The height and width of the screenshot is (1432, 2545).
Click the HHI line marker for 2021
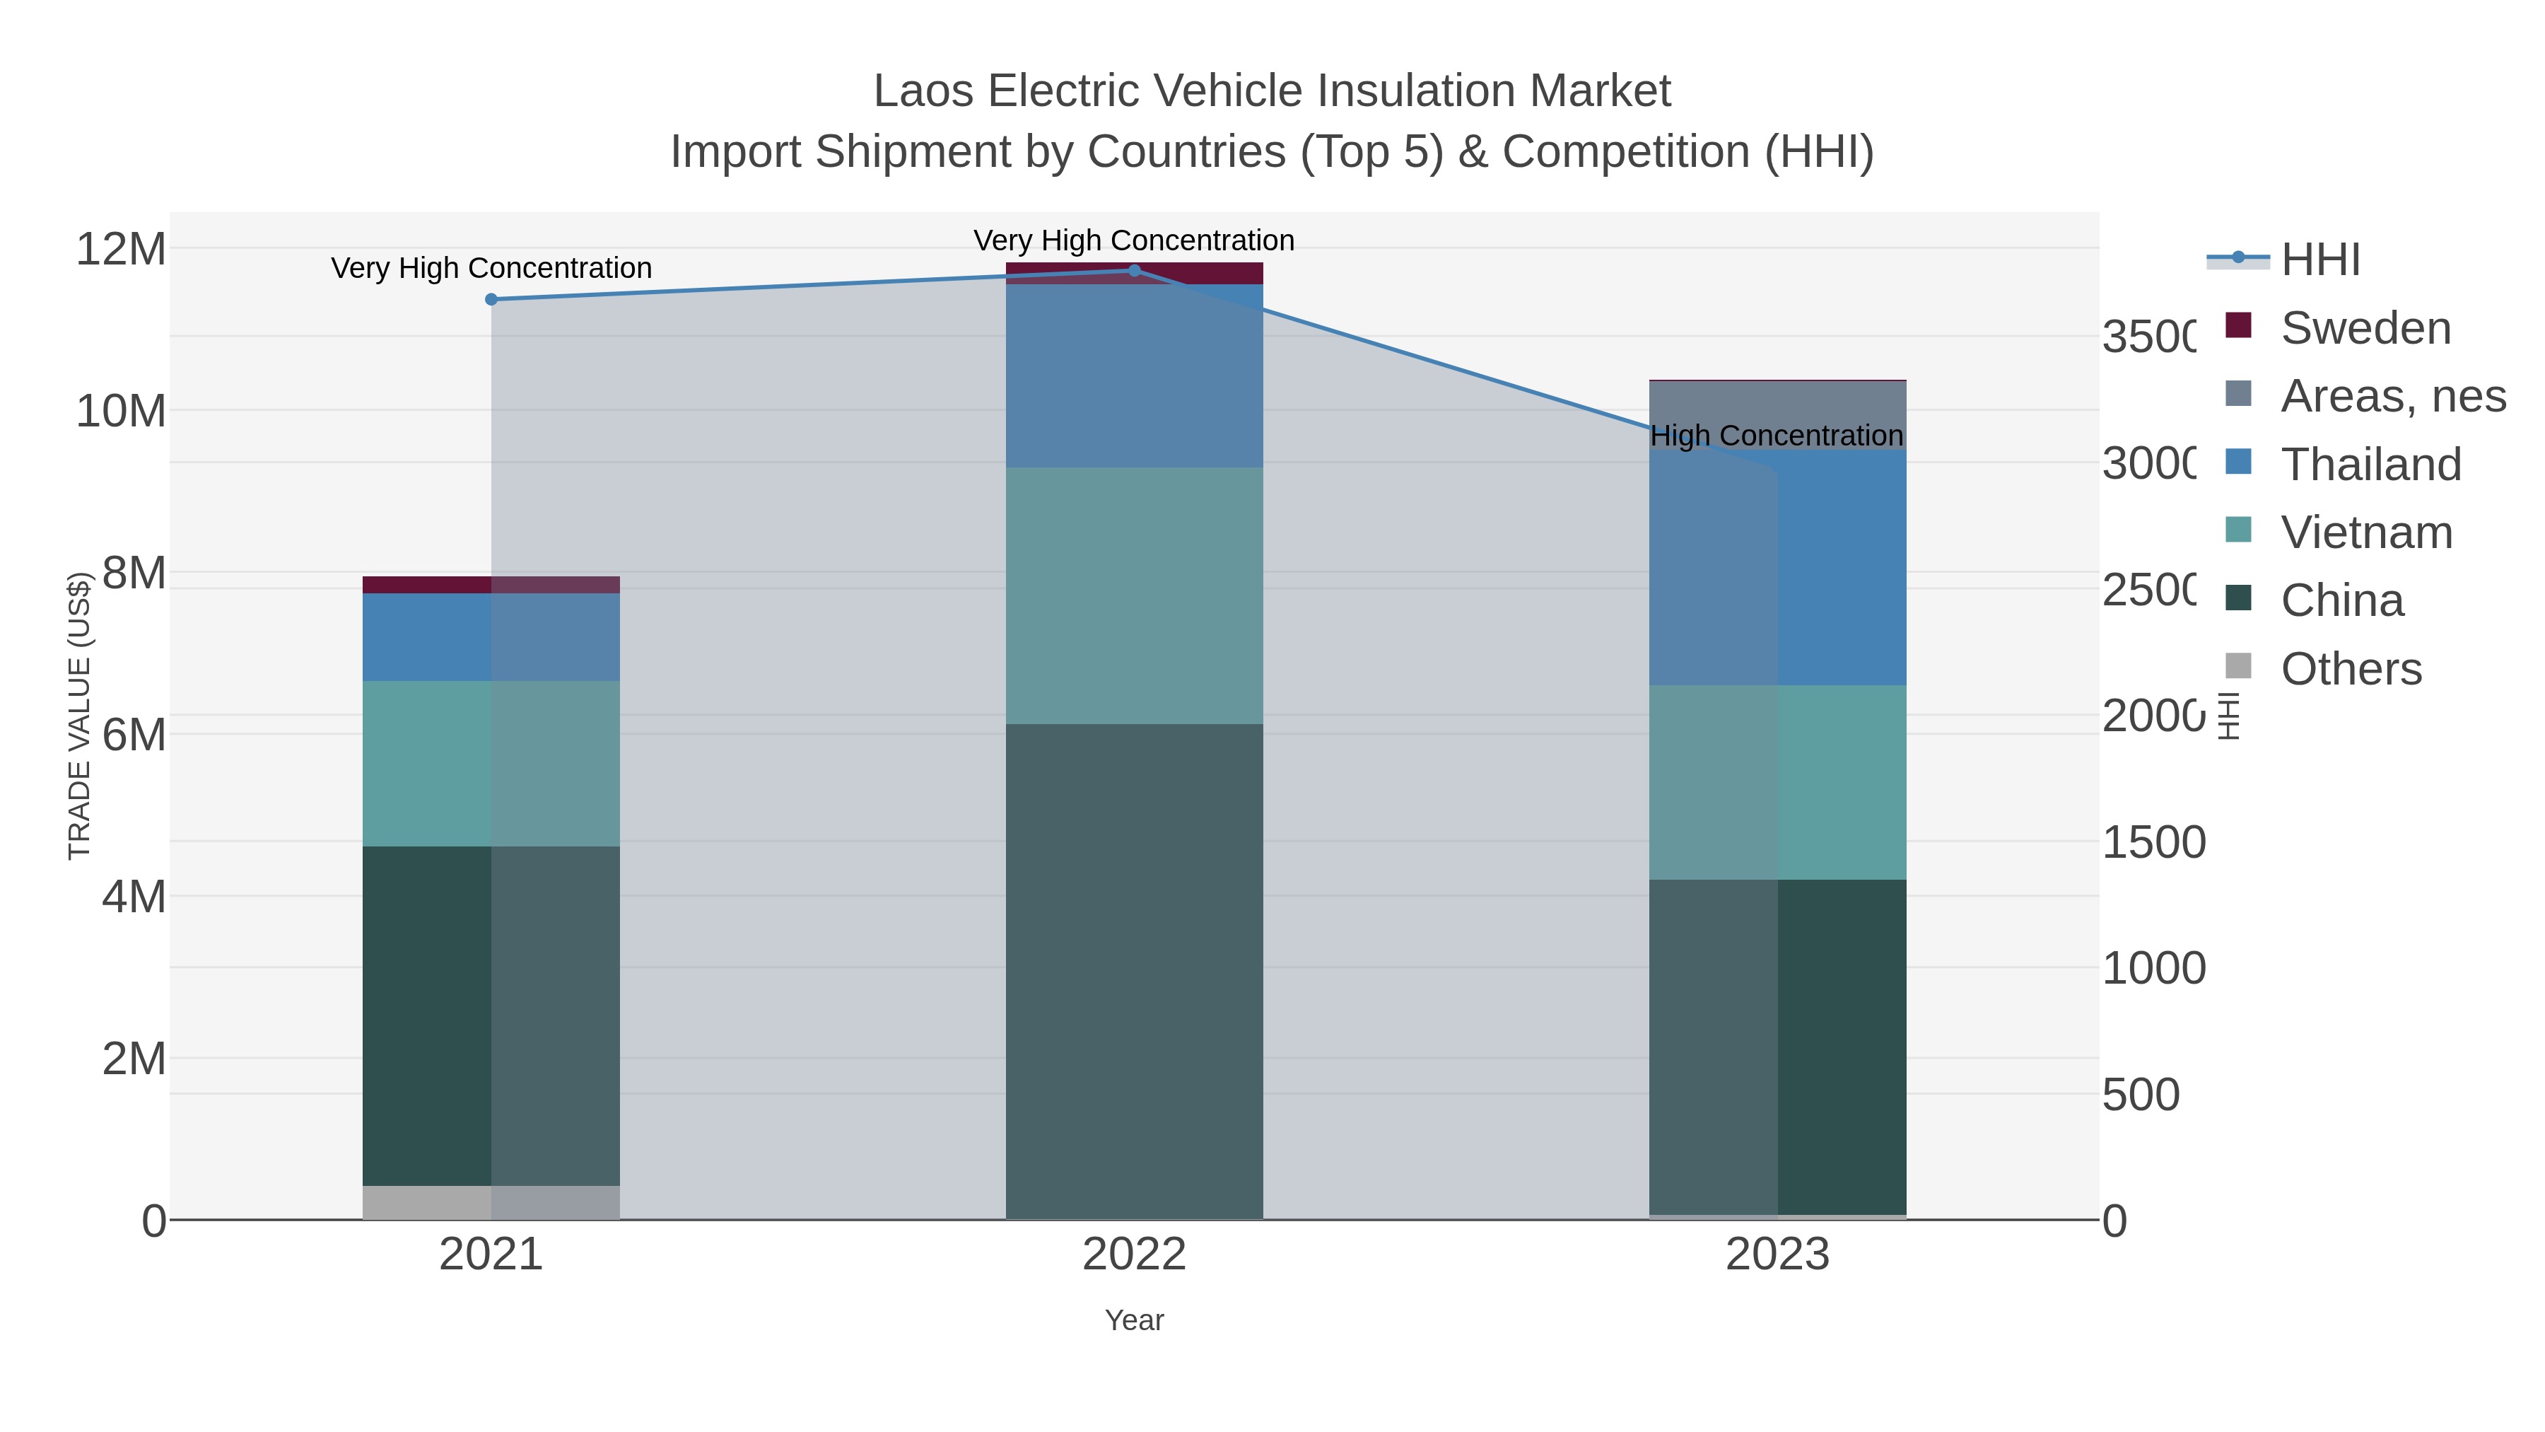point(491,299)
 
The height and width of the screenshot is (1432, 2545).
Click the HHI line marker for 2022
point(1134,271)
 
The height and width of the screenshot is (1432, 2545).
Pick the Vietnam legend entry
point(2366,532)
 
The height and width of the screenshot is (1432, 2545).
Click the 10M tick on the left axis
point(120,411)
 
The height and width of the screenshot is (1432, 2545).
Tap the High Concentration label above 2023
point(1777,436)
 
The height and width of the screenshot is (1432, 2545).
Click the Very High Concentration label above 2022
point(1134,240)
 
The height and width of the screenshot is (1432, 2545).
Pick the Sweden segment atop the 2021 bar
point(491,585)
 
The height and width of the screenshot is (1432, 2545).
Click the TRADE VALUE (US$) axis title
point(79,716)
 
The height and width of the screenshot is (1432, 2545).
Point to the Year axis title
point(1134,1320)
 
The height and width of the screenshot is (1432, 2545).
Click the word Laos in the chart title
point(924,91)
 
